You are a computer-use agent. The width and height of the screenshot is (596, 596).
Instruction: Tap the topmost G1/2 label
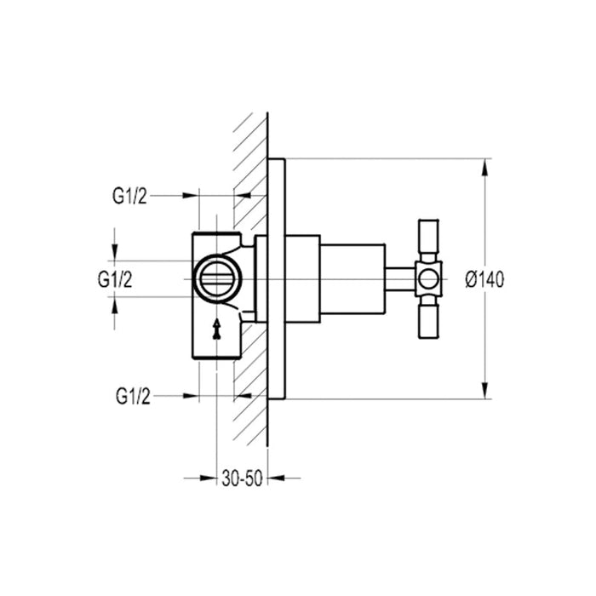130,196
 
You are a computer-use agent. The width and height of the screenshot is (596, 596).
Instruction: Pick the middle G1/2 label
115,278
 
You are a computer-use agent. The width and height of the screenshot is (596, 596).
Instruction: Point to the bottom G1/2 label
130,395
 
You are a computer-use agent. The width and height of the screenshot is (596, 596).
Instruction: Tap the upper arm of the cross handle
428,241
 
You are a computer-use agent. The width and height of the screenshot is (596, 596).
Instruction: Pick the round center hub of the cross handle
428,278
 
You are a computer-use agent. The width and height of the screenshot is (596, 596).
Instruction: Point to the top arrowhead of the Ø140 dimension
485,167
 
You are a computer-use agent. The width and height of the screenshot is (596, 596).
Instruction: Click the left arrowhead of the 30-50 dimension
203,479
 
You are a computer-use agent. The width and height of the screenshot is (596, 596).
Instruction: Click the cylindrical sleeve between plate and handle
349,278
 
